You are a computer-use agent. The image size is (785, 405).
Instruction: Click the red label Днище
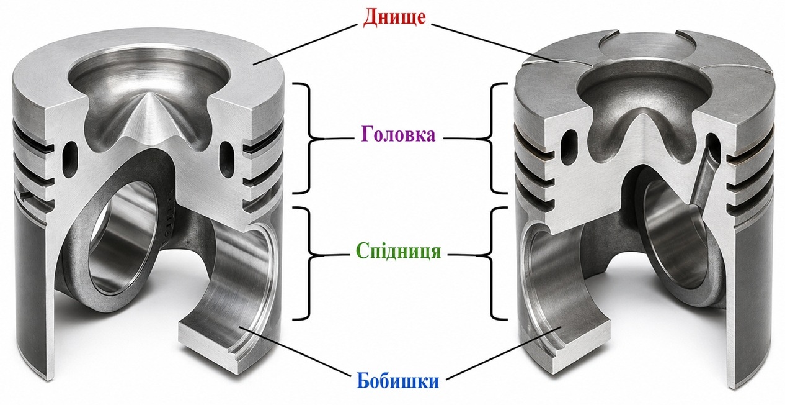coord(394,17)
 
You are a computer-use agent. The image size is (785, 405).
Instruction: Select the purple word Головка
coord(398,134)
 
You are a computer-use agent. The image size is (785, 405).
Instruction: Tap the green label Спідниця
coord(398,252)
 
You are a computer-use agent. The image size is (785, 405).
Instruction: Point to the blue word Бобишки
coord(397,380)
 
